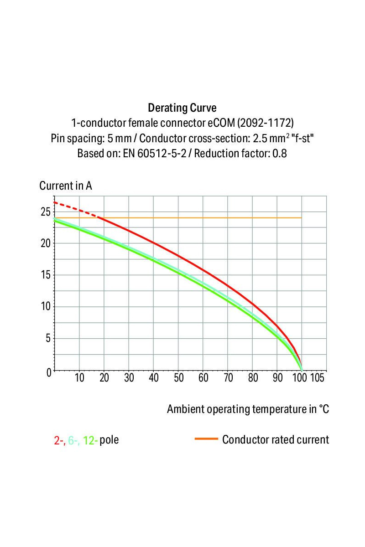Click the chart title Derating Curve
pyautogui.click(x=182, y=108)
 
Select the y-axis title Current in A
pyautogui.click(x=66, y=186)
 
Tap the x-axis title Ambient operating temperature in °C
pyautogui.click(x=248, y=409)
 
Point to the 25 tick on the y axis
pyautogui.click(x=44, y=212)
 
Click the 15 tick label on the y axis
pyautogui.click(x=44, y=275)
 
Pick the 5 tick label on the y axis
pyautogui.click(x=47, y=338)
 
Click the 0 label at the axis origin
pyautogui.click(x=49, y=372)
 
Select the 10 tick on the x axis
pyautogui.click(x=79, y=378)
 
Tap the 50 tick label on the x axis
pyautogui.click(x=178, y=378)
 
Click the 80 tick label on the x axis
pyautogui.click(x=253, y=378)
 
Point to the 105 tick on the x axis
pyautogui.click(x=317, y=378)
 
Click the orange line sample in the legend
pyautogui.click(x=206, y=439)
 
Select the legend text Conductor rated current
pyautogui.click(x=276, y=440)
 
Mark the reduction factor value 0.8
pyautogui.click(x=279, y=154)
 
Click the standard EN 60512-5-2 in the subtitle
pyautogui.click(x=154, y=154)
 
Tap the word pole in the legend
pyautogui.click(x=109, y=440)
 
